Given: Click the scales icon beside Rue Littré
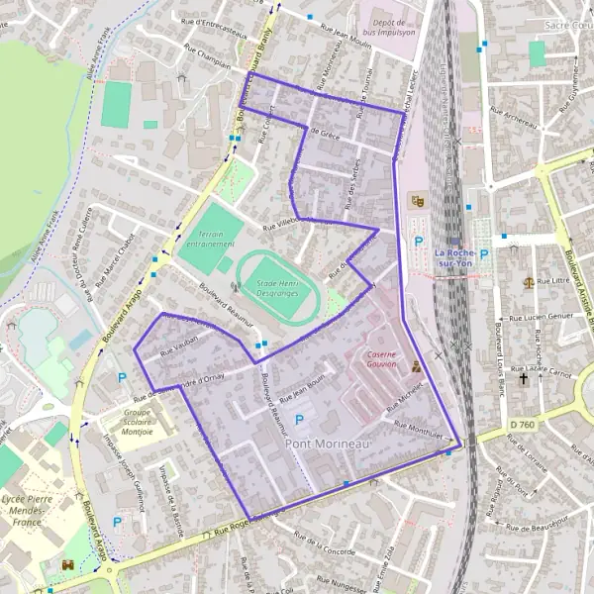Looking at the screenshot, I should click(x=530, y=281).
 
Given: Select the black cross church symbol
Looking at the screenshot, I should click(x=538, y=378).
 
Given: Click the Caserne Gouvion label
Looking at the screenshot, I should click(x=381, y=358).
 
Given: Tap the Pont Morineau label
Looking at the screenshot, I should click(x=328, y=445).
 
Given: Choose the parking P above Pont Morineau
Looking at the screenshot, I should click(x=299, y=420).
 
